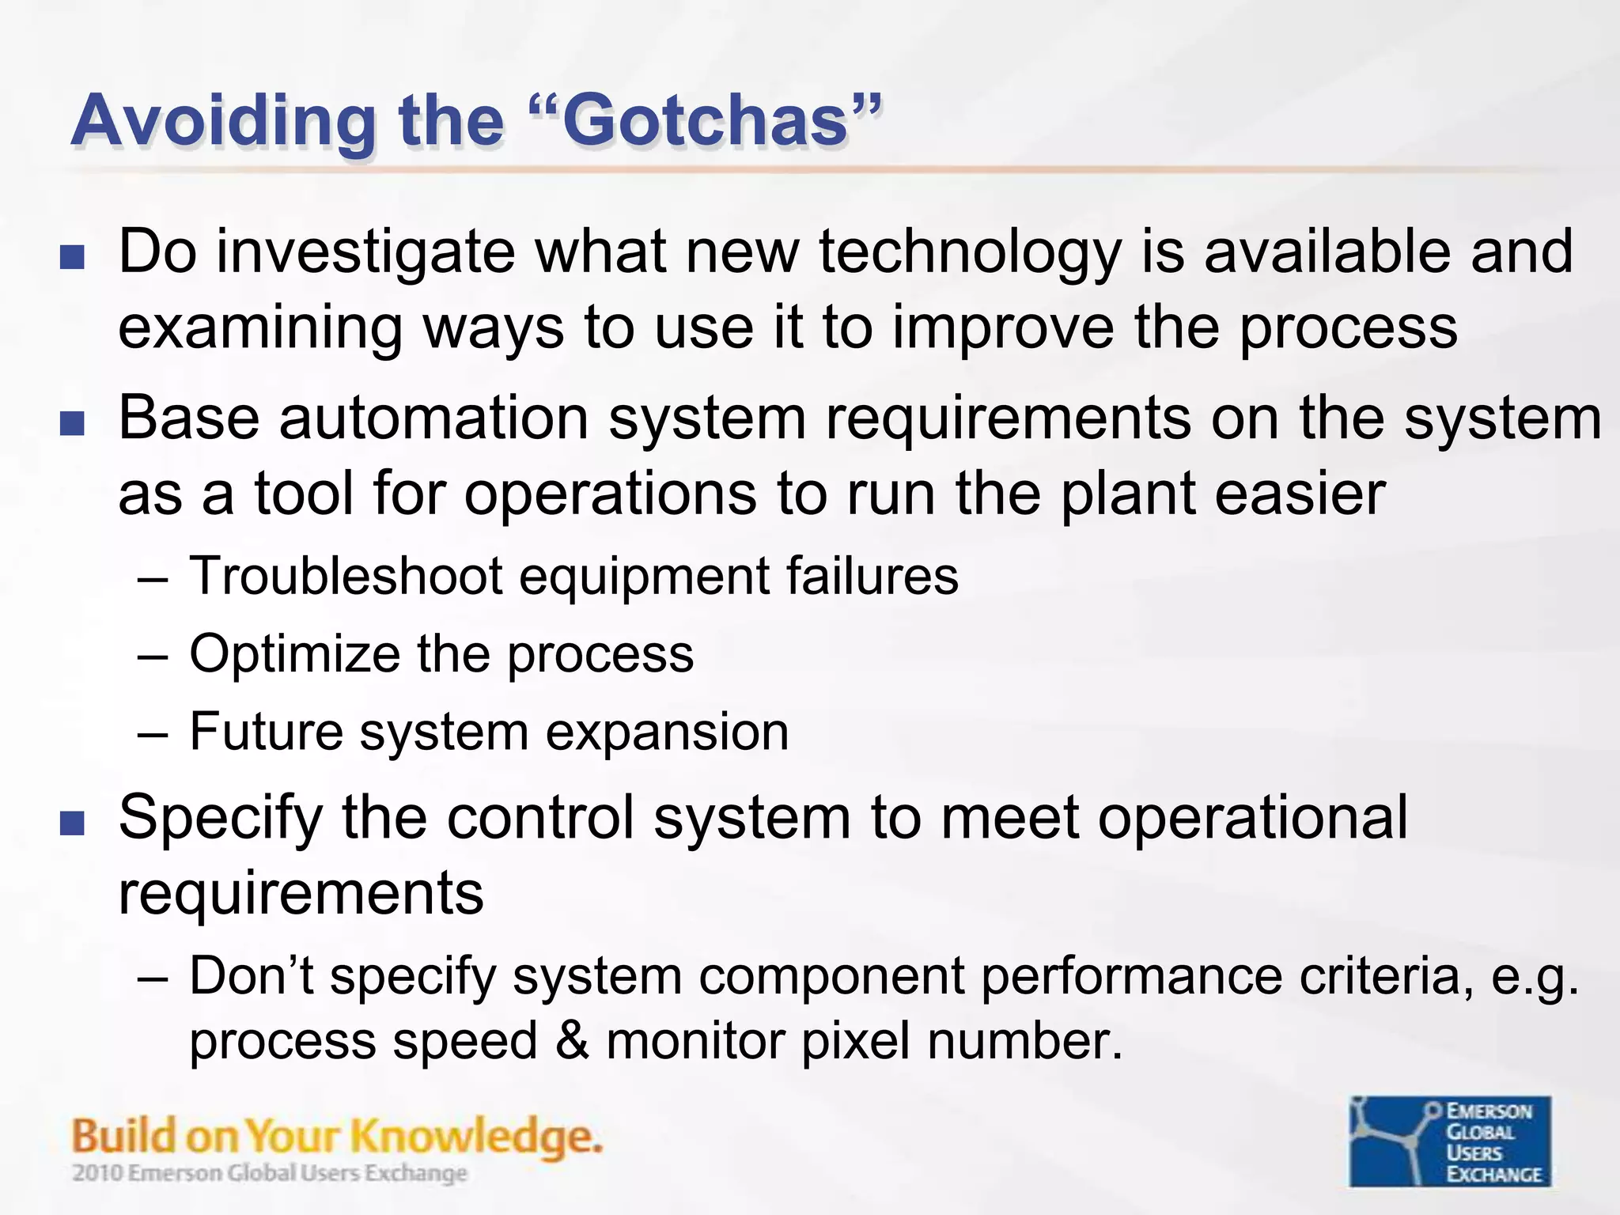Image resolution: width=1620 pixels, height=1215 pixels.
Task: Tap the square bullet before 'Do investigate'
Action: coord(72,257)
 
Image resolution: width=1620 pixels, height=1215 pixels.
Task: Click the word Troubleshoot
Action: coord(346,576)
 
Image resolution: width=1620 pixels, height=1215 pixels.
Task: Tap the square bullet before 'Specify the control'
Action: coord(72,824)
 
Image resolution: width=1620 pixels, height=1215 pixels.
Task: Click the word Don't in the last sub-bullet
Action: coord(251,976)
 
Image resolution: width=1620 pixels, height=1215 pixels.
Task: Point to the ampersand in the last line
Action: coord(572,1041)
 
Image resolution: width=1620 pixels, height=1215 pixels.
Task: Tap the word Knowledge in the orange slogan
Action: coord(475,1137)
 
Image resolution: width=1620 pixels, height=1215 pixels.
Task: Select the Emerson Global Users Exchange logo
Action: coord(1450,1141)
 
